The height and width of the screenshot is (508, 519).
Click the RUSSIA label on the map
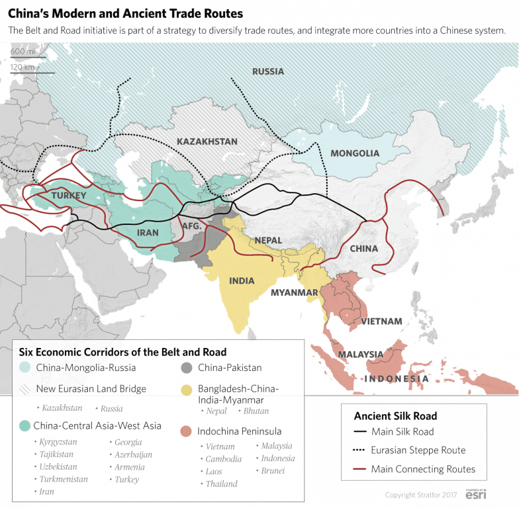tap(268, 71)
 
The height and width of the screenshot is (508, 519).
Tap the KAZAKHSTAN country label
tap(207, 142)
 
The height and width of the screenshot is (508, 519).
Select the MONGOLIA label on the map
tap(355, 153)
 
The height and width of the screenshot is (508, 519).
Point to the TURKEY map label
tap(69, 195)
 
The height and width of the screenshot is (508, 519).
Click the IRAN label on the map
tap(148, 232)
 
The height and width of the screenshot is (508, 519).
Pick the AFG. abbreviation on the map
tap(191, 226)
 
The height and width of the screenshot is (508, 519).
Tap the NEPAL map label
tap(267, 240)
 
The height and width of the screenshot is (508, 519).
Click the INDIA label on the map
tap(242, 280)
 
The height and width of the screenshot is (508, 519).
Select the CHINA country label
tap(363, 249)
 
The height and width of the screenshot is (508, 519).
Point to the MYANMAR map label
tap(295, 292)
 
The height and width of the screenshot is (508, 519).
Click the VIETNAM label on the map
tap(381, 321)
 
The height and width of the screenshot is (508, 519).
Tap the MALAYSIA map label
tap(361, 355)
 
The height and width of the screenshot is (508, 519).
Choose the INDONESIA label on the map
tap(397, 379)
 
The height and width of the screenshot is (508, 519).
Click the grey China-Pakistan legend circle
tap(187, 368)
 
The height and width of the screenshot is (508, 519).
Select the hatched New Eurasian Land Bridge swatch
tap(24, 389)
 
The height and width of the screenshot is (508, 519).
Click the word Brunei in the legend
tap(273, 470)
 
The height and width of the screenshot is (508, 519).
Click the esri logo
tap(474, 494)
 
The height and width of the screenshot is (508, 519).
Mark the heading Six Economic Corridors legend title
tap(122, 352)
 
